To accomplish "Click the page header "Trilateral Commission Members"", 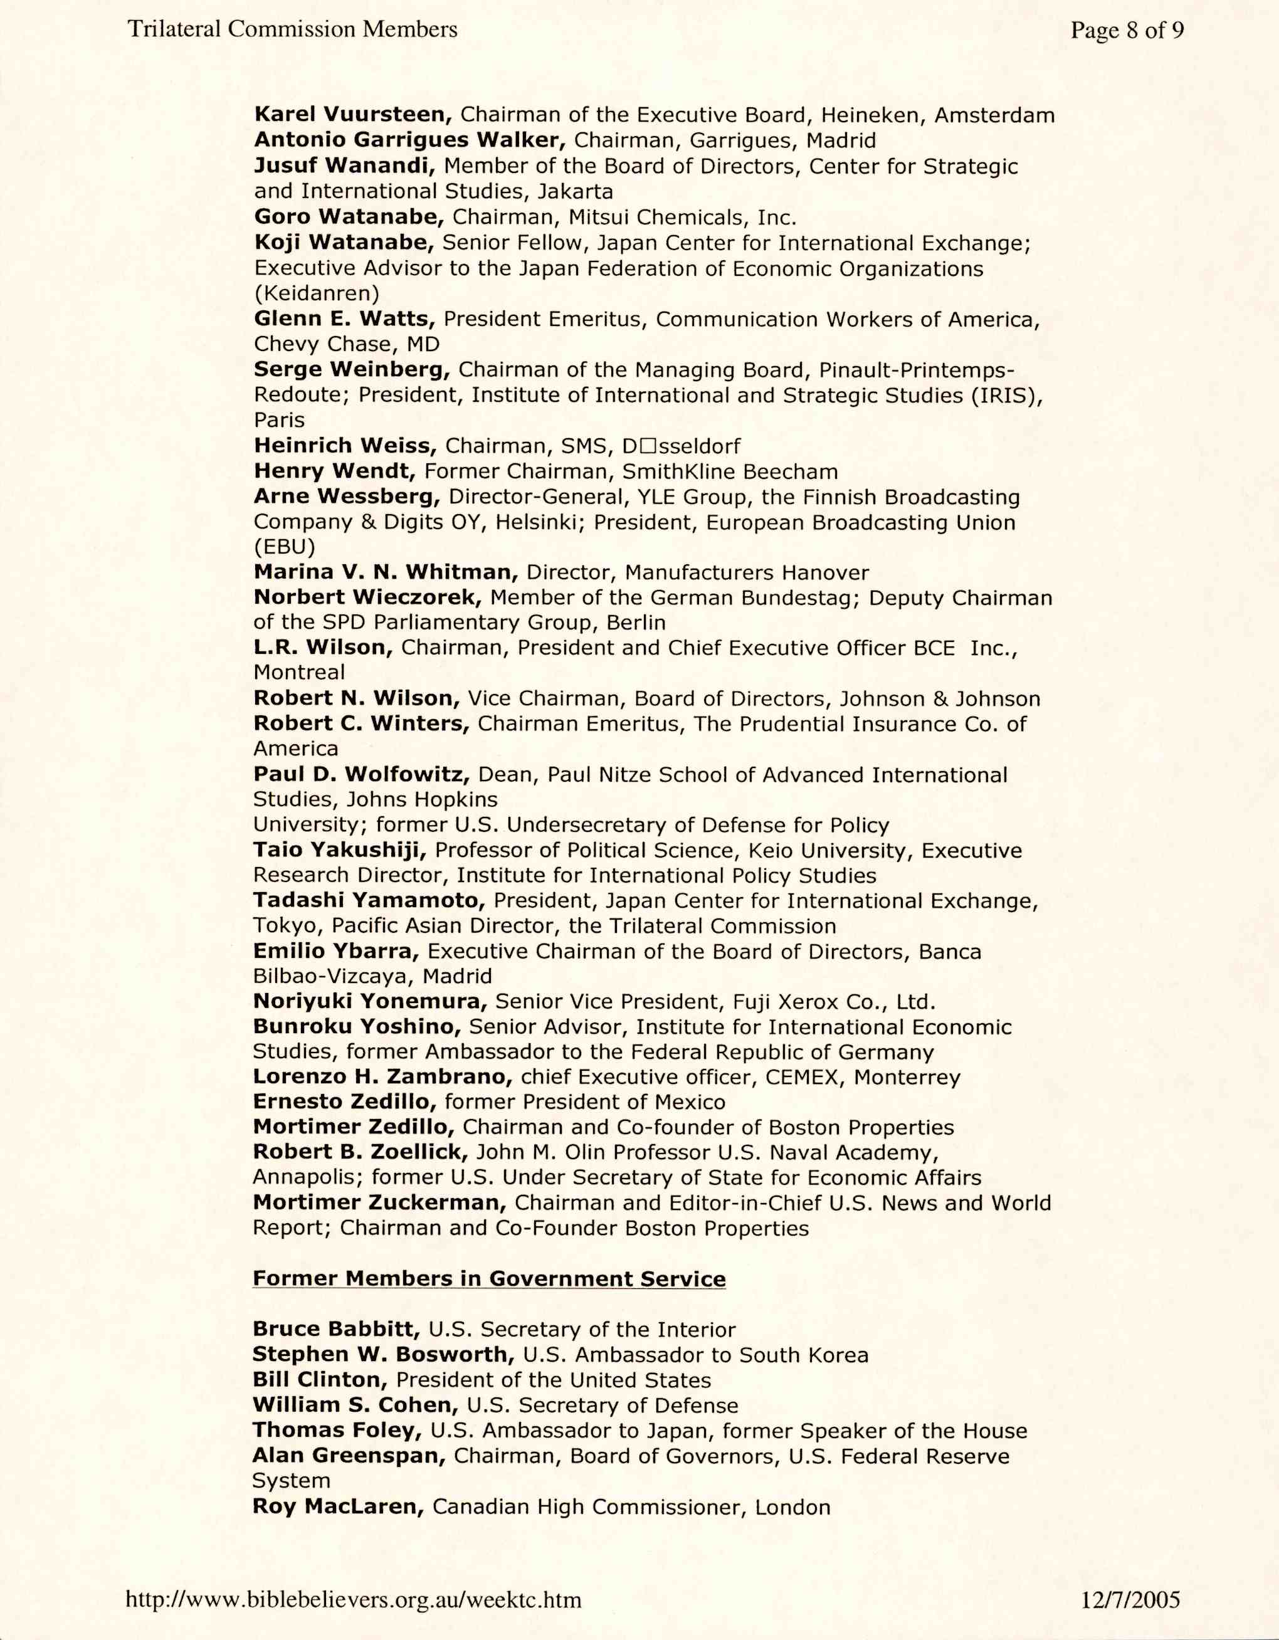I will click(x=292, y=29).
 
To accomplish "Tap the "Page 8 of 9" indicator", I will click(x=1127, y=30).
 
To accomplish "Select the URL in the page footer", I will click(x=353, y=1601).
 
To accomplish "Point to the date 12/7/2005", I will click(x=1130, y=1601).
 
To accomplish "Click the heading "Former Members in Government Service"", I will click(x=489, y=1279).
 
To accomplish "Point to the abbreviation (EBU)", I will click(x=285, y=547).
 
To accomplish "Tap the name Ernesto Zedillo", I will click(x=345, y=1101).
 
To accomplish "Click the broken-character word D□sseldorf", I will click(x=680, y=446).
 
